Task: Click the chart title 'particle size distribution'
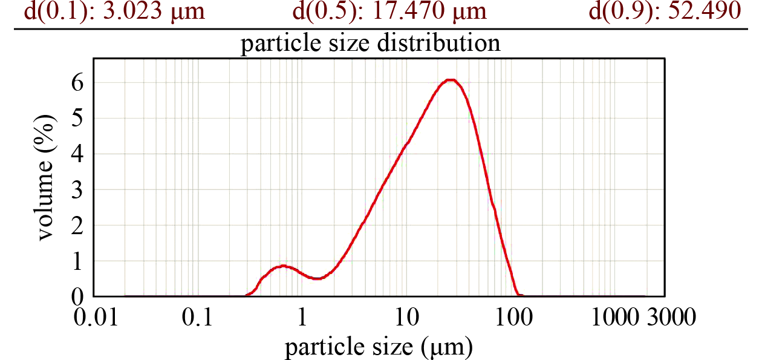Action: (x=371, y=44)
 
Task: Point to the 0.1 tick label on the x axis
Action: (x=197, y=316)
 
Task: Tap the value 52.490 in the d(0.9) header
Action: (x=704, y=11)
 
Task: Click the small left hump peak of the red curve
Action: (x=282, y=266)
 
